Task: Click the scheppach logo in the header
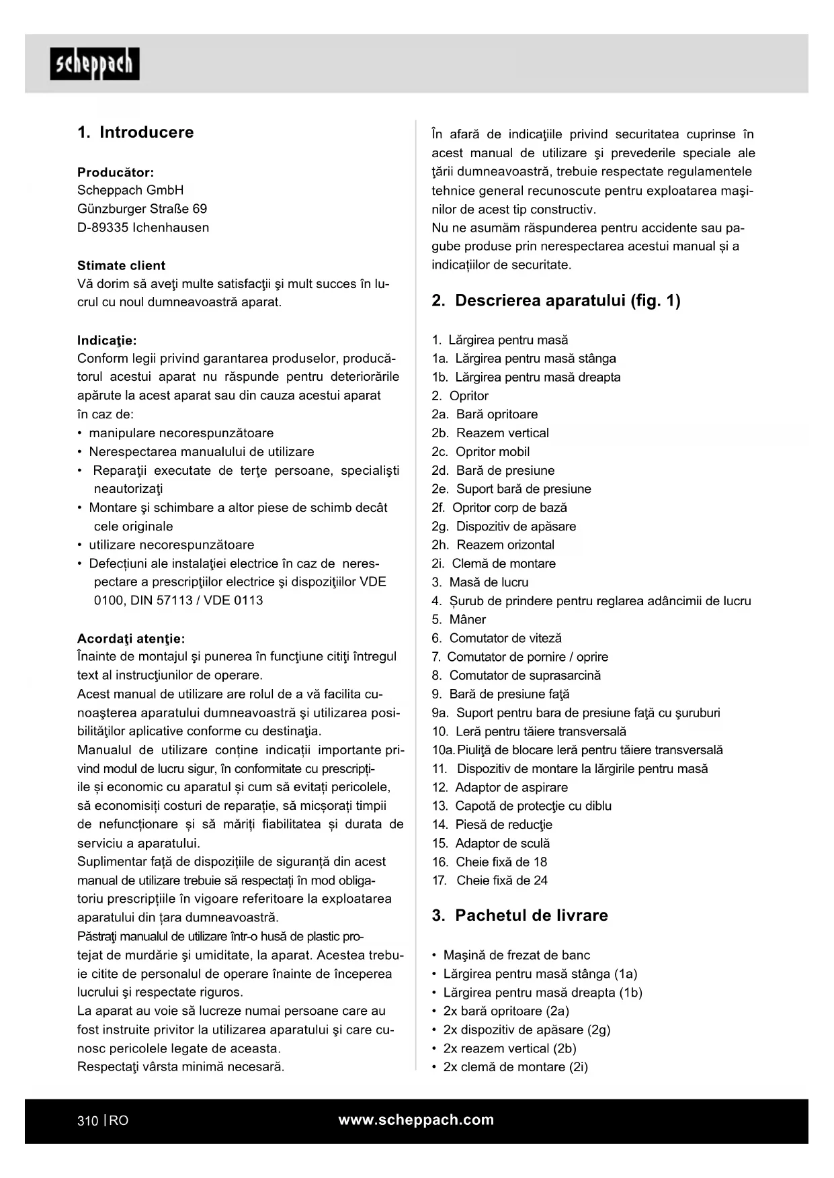[x=95, y=64]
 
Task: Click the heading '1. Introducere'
[x=135, y=132]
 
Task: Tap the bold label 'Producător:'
[x=116, y=172]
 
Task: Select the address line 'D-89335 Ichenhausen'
[x=143, y=228]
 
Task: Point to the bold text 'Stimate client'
[x=121, y=265]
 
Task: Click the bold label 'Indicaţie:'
[x=107, y=340]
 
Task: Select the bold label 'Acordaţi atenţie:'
[x=131, y=638]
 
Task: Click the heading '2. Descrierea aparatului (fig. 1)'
[x=556, y=300]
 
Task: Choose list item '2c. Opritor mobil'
[x=481, y=452]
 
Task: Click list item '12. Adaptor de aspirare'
[x=500, y=787]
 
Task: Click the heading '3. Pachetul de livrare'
[x=519, y=915]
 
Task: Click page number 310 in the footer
[x=87, y=1120]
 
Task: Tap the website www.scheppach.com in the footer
[x=416, y=1120]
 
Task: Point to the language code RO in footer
[x=119, y=1120]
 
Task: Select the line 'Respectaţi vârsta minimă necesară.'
[x=181, y=1067]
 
